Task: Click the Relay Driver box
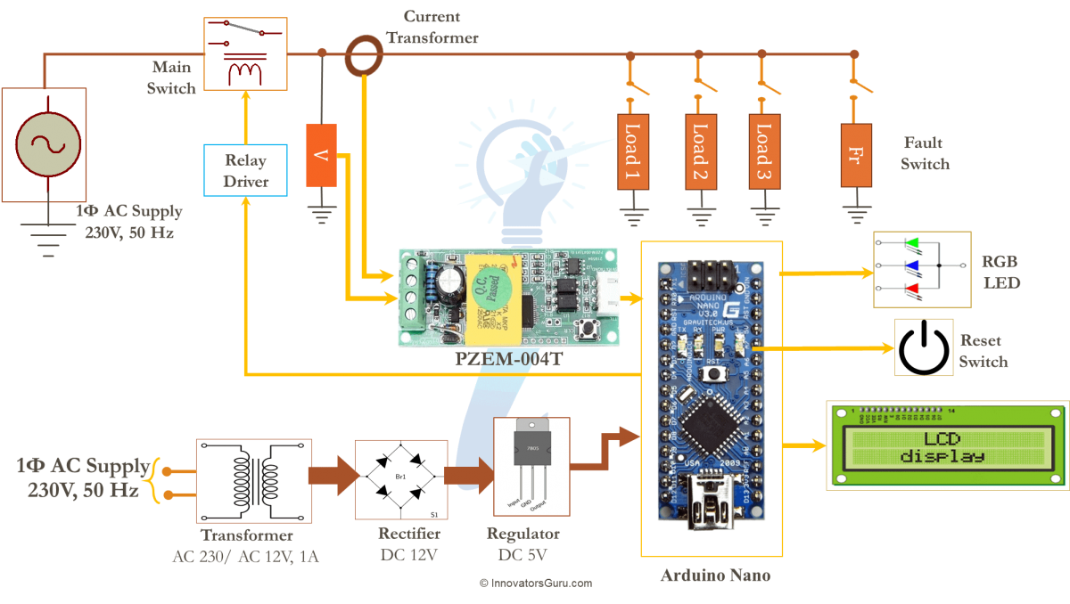pos(245,170)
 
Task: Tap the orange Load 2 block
pos(700,151)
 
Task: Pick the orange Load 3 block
pos(763,151)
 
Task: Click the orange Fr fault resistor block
pos(855,154)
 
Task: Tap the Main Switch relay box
pos(245,53)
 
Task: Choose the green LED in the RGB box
pos(911,242)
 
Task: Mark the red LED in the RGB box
pos(911,289)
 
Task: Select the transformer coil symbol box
pos(253,480)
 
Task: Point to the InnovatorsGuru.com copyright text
pos(536,583)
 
